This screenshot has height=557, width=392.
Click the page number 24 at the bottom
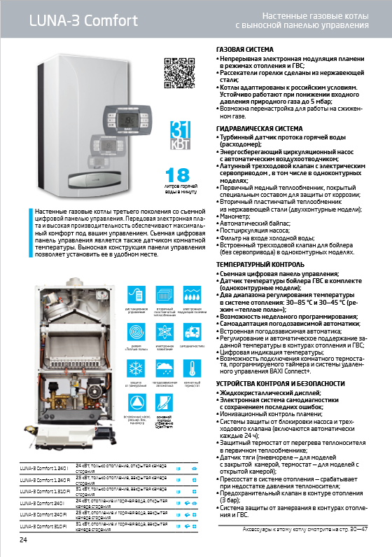tap(23, 539)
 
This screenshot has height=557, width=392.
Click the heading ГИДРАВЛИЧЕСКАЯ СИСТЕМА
tap(258, 129)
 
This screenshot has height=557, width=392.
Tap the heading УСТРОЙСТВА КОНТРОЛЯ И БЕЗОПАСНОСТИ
tap(281, 384)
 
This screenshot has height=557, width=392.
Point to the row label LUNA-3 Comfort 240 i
tap(38, 503)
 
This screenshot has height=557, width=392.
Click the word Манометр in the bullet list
tap(236, 217)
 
